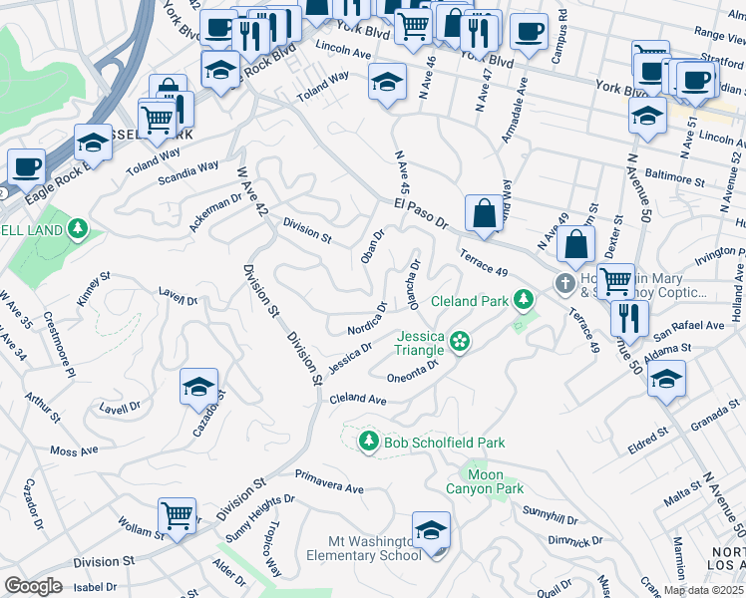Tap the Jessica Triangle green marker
459,342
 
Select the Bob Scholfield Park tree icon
369,442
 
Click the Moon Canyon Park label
496,482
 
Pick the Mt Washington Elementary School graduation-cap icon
431,531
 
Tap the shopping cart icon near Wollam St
177,517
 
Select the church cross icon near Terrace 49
564,284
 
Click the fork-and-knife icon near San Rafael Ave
628,318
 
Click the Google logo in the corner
33,586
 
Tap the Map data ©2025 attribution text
703,590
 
